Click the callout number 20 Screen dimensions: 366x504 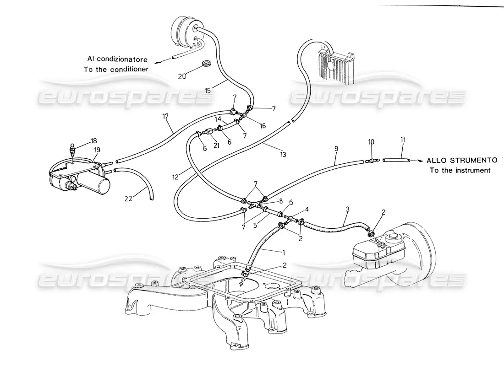pos(182,76)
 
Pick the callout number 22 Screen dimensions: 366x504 pos(129,199)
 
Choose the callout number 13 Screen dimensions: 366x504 pos(283,155)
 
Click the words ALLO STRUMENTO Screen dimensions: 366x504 pos(462,161)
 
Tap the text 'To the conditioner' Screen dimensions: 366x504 pos(116,69)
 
